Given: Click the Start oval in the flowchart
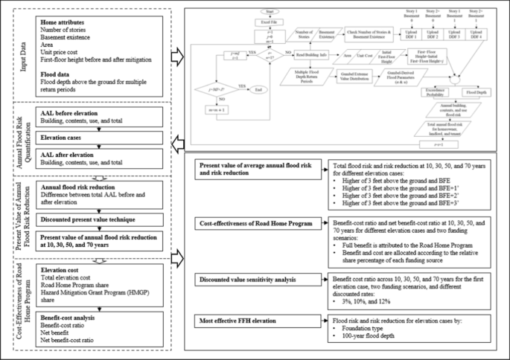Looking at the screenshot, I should point(270,11).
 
